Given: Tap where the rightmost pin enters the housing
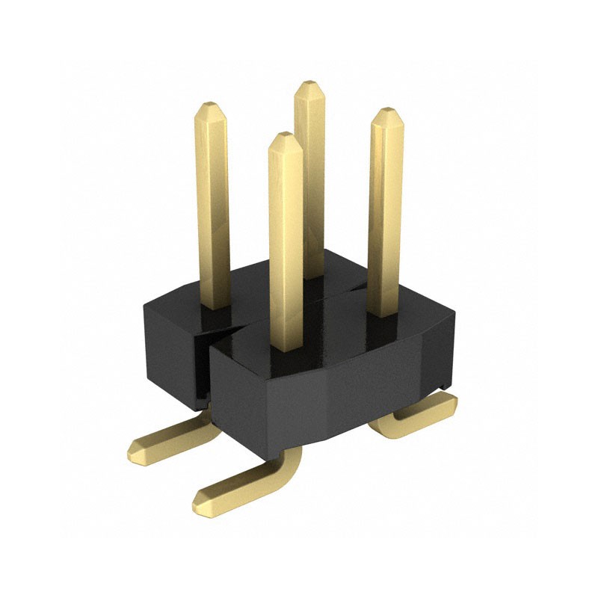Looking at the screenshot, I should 385,312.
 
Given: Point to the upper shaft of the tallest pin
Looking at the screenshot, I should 309,149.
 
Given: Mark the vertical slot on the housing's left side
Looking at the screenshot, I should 200,366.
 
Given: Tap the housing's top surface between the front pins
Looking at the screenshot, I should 336,329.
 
